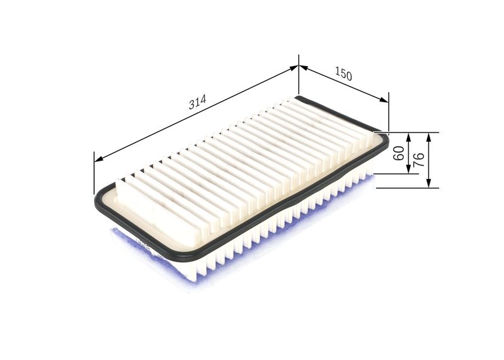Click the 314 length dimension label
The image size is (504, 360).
(x=197, y=103)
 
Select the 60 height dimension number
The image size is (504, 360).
(x=398, y=153)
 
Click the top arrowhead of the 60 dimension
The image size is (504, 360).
(x=409, y=136)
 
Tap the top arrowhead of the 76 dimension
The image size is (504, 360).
(x=428, y=136)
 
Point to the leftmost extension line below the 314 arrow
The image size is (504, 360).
(x=94, y=173)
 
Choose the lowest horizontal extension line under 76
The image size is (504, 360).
(x=403, y=188)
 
